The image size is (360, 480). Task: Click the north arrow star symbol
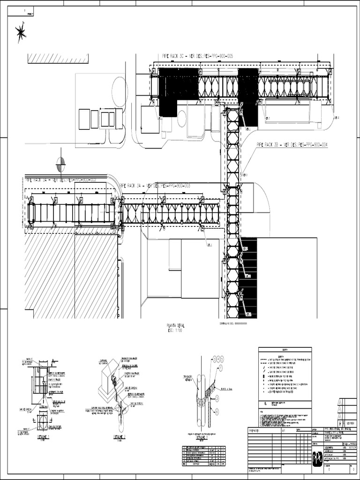click(x=21, y=33)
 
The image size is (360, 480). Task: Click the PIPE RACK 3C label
click(x=197, y=56)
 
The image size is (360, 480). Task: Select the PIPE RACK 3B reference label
click(x=291, y=145)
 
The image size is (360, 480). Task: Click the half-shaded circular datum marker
click(x=61, y=165)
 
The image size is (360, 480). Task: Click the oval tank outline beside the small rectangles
click(x=120, y=92)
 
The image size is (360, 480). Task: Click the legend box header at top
click(x=285, y=350)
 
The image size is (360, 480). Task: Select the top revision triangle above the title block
click(x=341, y=401)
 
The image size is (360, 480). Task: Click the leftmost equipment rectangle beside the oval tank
click(x=84, y=119)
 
